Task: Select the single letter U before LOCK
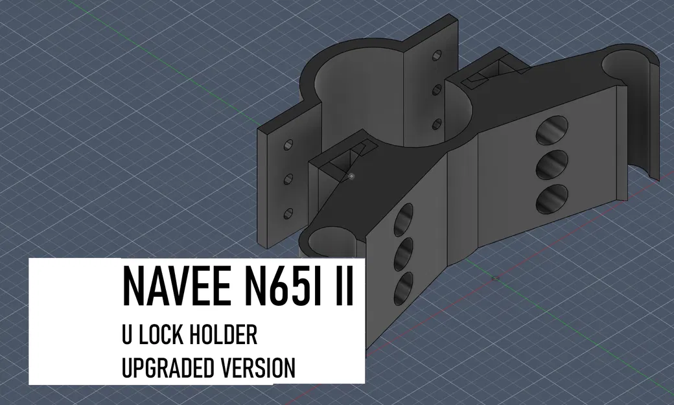(127, 336)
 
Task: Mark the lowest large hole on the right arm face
(552, 199)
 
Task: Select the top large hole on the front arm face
(404, 218)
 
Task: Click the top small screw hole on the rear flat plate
(436, 58)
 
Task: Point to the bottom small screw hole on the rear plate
(436, 123)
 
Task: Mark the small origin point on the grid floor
(495, 279)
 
